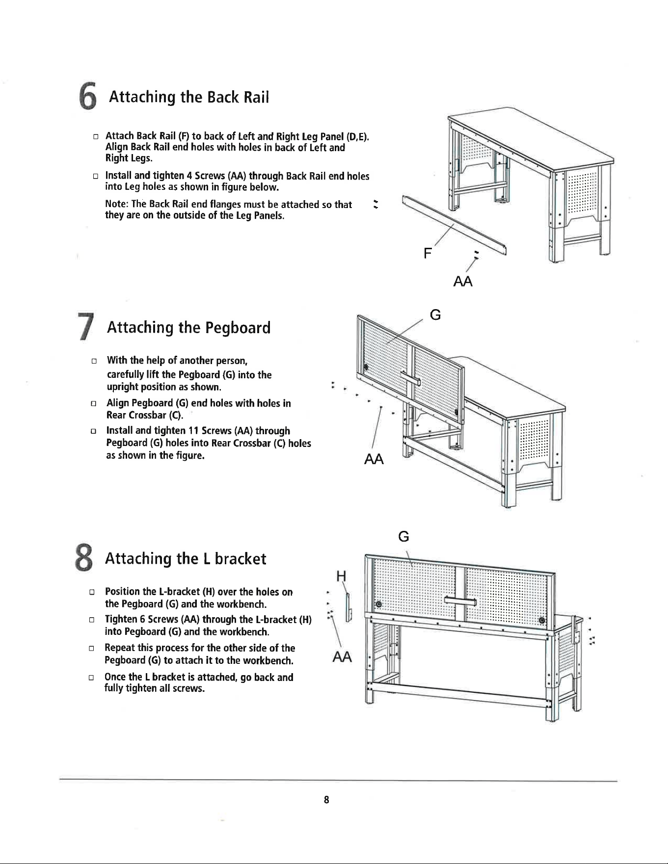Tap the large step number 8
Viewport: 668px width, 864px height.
[x=84, y=559]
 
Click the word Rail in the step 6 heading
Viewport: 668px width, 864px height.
[x=257, y=97]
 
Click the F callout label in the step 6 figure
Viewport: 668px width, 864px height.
[x=428, y=253]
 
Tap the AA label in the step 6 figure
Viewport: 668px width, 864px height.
[x=463, y=282]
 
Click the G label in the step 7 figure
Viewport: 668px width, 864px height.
[x=435, y=314]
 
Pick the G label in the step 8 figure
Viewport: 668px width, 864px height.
[x=403, y=537]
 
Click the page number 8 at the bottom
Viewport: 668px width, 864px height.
[x=326, y=800]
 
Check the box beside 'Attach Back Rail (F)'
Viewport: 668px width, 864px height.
[x=96, y=136]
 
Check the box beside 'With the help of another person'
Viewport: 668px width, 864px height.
[x=93, y=361]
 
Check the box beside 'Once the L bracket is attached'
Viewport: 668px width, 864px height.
[x=91, y=678]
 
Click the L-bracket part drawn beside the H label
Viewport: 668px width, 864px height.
[x=348, y=607]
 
